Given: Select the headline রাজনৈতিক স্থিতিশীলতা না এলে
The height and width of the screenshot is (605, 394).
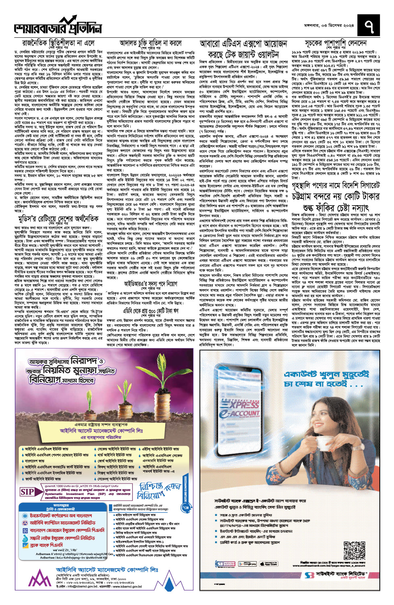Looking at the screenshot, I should coord(58,43).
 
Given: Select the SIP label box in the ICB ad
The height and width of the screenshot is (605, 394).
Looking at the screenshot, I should coord(28,492).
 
